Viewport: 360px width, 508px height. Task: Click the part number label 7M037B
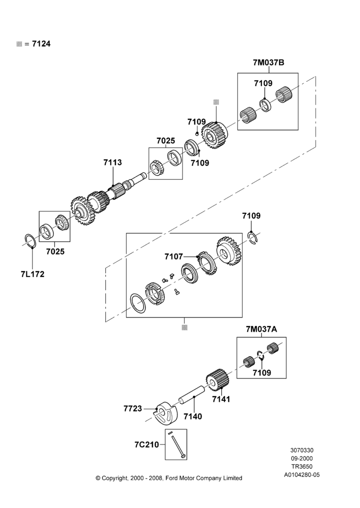(x=268, y=62)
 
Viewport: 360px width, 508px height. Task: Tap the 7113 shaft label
(x=112, y=163)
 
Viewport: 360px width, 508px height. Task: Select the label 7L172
(x=33, y=274)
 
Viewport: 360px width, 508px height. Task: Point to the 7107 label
(x=173, y=257)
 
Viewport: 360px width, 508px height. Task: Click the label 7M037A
(x=261, y=330)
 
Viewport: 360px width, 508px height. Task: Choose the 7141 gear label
(x=221, y=399)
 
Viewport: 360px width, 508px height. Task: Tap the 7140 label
(x=193, y=417)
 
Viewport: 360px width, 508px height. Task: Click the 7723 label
(x=133, y=408)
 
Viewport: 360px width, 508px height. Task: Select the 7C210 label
(x=146, y=445)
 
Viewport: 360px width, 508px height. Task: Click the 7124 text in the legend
(x=41, y=44)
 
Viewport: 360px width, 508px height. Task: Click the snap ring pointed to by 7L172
(x=32, y=241)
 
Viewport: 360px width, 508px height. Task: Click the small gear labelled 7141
(x=218, y=379)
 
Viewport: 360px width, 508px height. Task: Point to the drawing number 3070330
(x=302, y=450)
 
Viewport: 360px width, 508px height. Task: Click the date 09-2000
(x=302, y=458)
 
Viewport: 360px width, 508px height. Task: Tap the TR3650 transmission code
(x=302, y=466)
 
